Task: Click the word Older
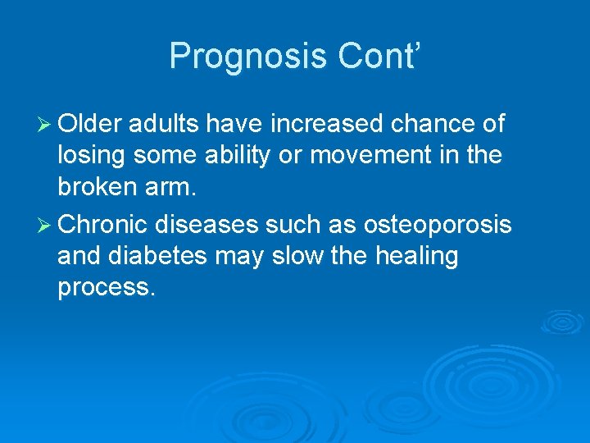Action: [90, 124]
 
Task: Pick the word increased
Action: [326, 124]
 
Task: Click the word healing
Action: [417, 258]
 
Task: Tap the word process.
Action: [105, 290]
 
